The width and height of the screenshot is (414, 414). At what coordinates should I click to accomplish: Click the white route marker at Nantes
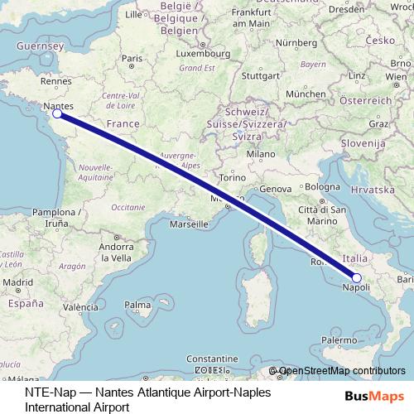[x=56, y=114]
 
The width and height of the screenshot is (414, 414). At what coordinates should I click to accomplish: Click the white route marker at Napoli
[x=357, y=278]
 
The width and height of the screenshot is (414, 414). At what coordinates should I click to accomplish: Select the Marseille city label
[x=188, y=224]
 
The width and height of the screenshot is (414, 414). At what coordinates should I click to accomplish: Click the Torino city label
[x=233, y=178]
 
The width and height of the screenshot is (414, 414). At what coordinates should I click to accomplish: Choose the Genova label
[x=276, y=190]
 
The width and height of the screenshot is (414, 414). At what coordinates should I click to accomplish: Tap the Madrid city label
[x=14, y=282]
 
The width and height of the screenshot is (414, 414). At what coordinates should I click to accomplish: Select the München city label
[x=306, y=94]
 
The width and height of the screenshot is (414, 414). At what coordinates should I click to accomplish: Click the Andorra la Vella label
[x=116, y=252]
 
